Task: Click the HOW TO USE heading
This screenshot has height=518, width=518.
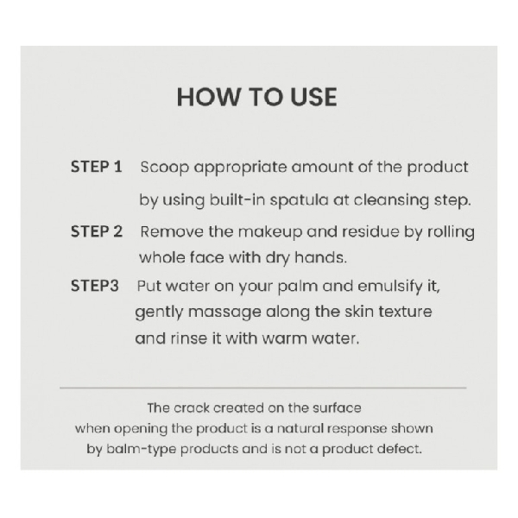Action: [x=256, y=97]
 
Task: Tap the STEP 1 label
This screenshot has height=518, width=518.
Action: [x=97, y=167]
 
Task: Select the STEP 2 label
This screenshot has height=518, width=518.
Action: [x=97, y=231]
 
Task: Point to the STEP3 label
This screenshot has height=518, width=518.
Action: [x=94, y=286]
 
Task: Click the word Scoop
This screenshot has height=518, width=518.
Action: [x=165, y=167]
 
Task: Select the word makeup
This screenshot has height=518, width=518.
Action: [x=270, y=232]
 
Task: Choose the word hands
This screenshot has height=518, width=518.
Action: [x=320, y=257]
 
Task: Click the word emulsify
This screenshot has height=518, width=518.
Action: [x=390, y=287]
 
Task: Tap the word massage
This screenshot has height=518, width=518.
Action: [x=224, y=313]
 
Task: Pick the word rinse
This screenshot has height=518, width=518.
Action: [x=188, y=338]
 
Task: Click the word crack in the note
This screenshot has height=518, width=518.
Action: [x=192, y=408]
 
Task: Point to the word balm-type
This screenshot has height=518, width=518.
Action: [x=142, y=450]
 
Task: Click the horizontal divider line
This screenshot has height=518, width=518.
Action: [x=263, y=388]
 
